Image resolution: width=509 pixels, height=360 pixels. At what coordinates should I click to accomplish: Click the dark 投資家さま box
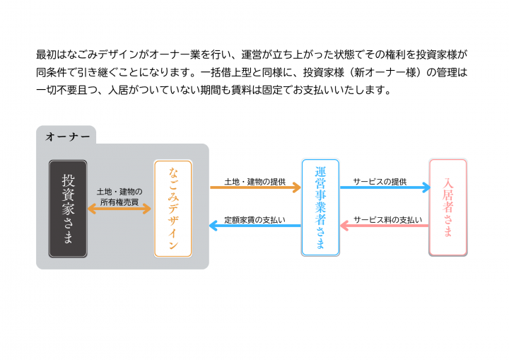[x=68, y=208]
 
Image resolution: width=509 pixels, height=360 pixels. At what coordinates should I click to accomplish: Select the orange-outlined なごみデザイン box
[x=172, y=208]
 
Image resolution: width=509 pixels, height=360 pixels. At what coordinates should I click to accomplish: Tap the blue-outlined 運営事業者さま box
[x=320, y=207]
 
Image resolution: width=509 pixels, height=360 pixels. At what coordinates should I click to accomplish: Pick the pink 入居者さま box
[x=447, y=207]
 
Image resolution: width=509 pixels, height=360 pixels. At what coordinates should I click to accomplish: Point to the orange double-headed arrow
[x=119, y=209]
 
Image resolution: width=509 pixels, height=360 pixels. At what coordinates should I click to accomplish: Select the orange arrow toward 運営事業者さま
[x=255, y=187]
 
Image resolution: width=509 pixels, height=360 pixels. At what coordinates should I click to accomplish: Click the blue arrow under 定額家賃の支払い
[x=255, y=226]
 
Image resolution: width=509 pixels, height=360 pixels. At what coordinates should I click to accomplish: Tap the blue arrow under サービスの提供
[x=385, y=187]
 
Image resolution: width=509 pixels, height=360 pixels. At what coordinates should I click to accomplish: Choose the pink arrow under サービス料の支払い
[x=385, y=226]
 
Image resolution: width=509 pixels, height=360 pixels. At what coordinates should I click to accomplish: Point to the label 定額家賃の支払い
[x=255, y=219]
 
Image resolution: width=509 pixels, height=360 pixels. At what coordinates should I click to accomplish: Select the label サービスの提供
[x=380, y=181]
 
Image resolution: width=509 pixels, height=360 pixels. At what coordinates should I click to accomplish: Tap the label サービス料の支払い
[x=387, y=219]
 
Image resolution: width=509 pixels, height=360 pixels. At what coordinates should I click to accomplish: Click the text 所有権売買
[x=119, y=202]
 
